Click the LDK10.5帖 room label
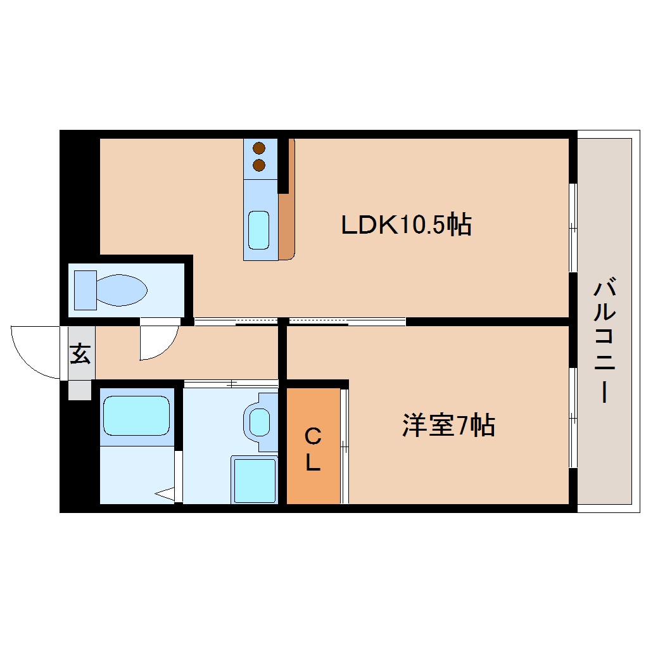tap(406, 225)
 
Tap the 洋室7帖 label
tap(448, 425)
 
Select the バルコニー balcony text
tap(604, 341)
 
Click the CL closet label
tap(313, 449)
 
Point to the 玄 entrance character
tap(80, 353)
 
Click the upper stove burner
tap(259, 148)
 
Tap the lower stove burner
tap(259, 165)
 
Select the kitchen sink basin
tap(259, 231)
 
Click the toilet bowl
tap(122, 290)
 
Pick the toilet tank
tap(85, 290)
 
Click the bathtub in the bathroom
tap(136, 415)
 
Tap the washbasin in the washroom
tap(260, 422)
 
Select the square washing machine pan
tap(255, 480)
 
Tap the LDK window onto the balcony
tap(573, 227)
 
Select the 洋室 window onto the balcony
tap(573, 418)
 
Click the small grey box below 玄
tap(80, 389)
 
